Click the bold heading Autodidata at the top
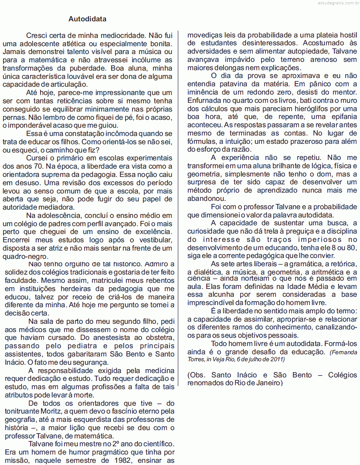87,20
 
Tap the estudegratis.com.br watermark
336,3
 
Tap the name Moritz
48,411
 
